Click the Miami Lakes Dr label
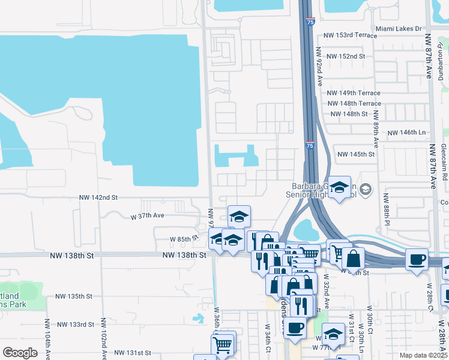398,28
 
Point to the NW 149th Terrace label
354,93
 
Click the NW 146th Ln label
406,133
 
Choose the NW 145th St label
356,154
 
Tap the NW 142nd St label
98,197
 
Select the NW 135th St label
74,296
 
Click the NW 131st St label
132,353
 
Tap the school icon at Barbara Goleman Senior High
339,187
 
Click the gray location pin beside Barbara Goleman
367,190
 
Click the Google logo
20,353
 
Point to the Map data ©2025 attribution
424,355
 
